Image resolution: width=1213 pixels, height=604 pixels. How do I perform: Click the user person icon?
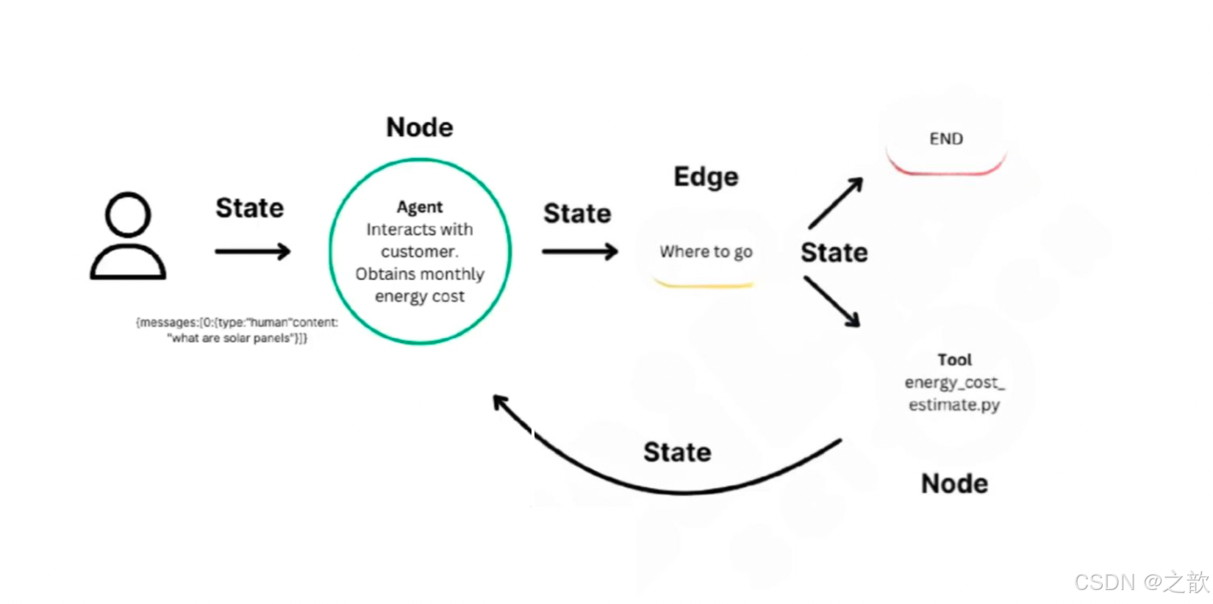128,237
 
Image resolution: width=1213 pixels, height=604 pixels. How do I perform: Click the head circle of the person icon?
128,215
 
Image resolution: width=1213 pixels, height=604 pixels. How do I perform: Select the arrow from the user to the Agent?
252,252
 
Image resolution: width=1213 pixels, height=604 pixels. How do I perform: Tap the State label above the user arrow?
249,209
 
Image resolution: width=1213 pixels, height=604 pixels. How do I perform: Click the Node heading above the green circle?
420,128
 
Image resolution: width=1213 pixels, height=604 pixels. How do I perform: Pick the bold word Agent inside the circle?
420,207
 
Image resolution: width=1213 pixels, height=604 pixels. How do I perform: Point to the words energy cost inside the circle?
420,296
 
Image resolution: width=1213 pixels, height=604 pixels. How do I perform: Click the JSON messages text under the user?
237,330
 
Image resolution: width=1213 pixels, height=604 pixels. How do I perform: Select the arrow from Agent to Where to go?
579,252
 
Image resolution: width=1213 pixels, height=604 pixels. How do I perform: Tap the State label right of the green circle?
577,214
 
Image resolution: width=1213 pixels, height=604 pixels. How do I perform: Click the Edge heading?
706,177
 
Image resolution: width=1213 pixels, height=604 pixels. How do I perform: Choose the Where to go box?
706,253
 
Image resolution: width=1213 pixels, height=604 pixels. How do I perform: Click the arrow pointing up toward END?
835,203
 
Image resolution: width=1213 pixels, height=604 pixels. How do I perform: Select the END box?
946,140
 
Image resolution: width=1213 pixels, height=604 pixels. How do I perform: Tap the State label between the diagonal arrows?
834,253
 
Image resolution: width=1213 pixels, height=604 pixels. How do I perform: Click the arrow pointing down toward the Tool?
832,301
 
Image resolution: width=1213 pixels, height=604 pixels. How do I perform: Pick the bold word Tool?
954,360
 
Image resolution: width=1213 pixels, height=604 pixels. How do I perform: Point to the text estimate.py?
954,405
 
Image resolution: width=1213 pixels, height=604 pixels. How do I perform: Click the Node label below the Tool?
954,484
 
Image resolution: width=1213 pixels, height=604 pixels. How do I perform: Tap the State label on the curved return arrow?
677,453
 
